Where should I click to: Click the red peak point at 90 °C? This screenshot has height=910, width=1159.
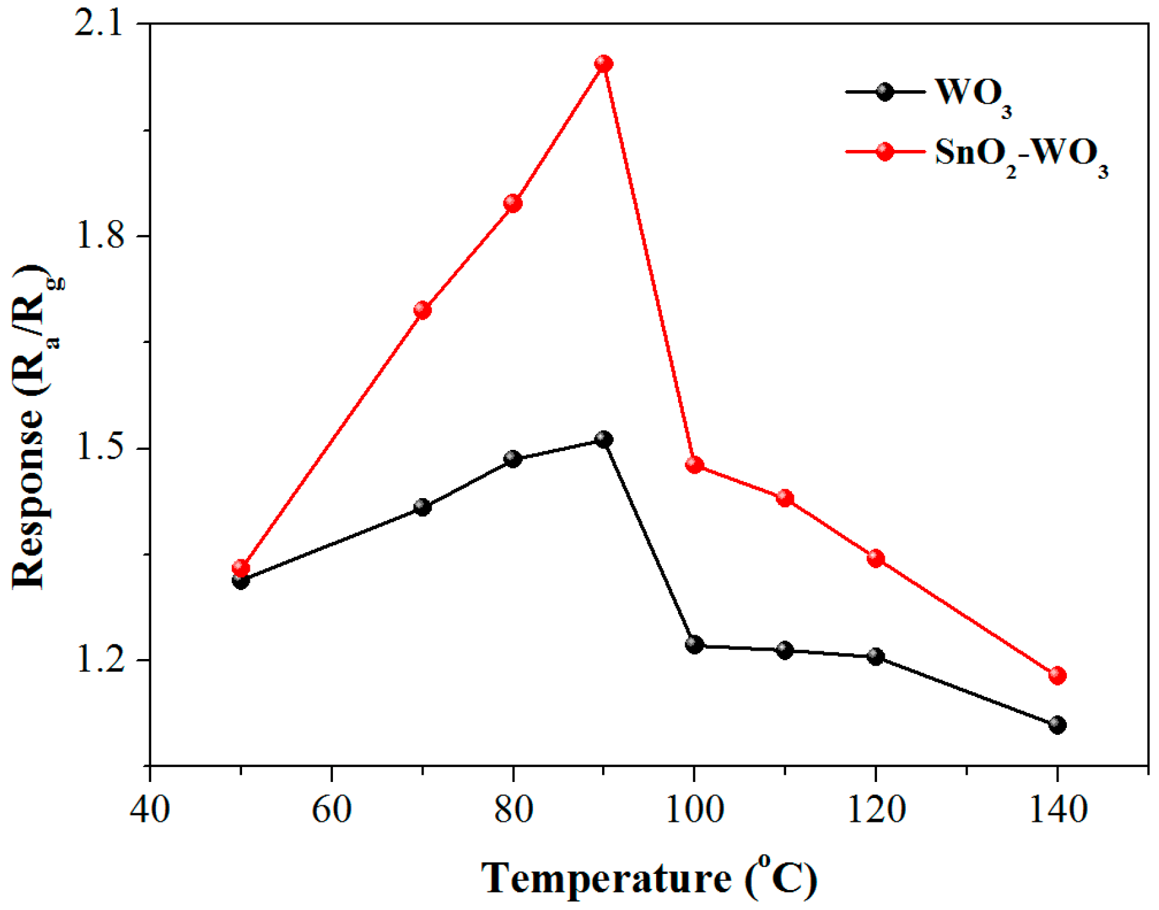603,64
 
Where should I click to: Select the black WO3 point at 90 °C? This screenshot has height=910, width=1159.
603,440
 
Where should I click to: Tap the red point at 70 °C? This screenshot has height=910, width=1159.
422,310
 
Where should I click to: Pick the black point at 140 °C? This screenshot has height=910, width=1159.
1057,725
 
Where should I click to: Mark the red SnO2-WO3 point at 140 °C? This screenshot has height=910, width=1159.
1057,676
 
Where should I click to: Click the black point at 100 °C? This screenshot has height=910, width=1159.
694,644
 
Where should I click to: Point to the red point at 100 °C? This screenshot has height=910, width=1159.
694,465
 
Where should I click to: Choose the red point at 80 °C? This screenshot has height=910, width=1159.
513,203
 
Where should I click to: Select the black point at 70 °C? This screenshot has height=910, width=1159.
422,507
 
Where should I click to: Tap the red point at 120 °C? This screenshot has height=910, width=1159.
875,558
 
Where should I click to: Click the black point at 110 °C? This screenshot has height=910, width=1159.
784,650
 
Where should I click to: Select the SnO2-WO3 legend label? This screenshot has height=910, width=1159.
1021,155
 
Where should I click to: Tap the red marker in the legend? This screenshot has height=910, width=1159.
885,152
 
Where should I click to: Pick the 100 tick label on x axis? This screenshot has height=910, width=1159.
694,809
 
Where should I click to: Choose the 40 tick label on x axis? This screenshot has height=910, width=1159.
150,809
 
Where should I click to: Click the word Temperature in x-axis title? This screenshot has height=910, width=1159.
605,878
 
